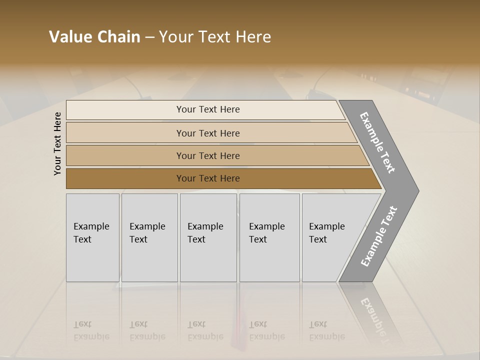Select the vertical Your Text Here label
[x=57, y=143]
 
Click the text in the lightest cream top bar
[x=208, y=109]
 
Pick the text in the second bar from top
[x=208, y=133]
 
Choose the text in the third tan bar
[x=208, y=155]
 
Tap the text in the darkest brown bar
[x=208, y=178]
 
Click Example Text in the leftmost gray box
[x=91, y=233]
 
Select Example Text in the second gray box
[x=147, y=233]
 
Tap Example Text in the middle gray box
[x=205, y=233]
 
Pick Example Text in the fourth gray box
[x=266, y=233]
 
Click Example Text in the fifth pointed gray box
[x=326, y=233]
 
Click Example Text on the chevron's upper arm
[x=377, y=142]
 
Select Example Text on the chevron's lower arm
[x=379, y=236]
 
